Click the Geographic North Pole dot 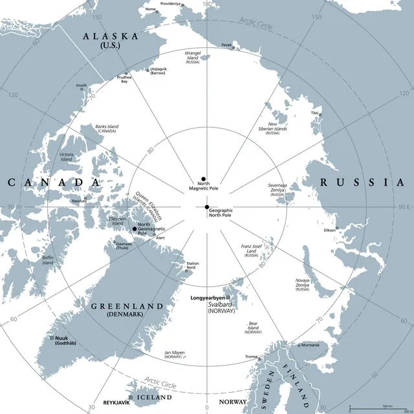(207, 207)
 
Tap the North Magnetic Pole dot (202, 179)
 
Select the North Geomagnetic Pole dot (135, 229)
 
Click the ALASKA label (111, 37)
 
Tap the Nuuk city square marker (52, 338)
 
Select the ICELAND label (155, 397)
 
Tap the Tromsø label (252, 356)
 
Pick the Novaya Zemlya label (302, 283)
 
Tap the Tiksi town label (315, 113)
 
